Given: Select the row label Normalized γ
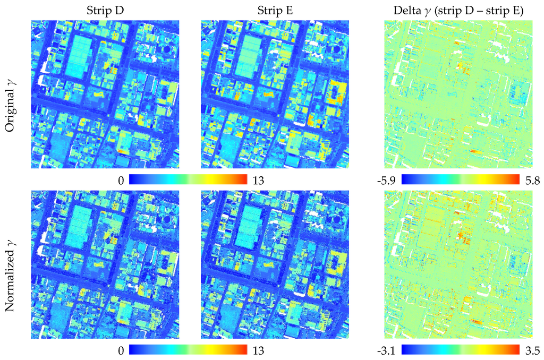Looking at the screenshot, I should pos(12,265).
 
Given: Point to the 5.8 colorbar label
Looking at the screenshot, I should pos(531,181).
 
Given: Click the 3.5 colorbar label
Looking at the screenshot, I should pos(531,350).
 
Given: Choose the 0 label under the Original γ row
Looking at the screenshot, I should pos(121,181).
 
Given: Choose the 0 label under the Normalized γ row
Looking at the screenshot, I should pos(121,350).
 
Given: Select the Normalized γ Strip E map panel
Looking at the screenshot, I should pos(274,264).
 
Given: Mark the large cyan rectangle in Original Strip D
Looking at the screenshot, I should pos(80,55).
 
